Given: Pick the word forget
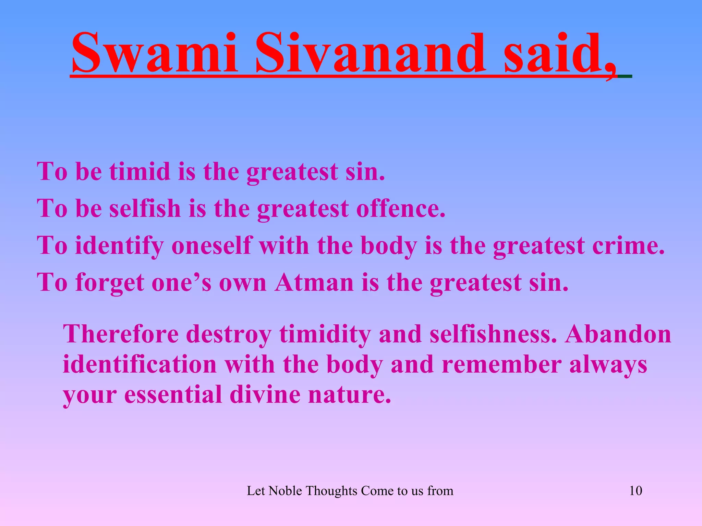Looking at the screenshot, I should (110, 283).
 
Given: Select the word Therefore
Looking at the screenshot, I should (121, 334).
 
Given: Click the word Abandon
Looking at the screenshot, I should (618, 334).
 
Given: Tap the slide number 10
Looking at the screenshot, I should (636, 491).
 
